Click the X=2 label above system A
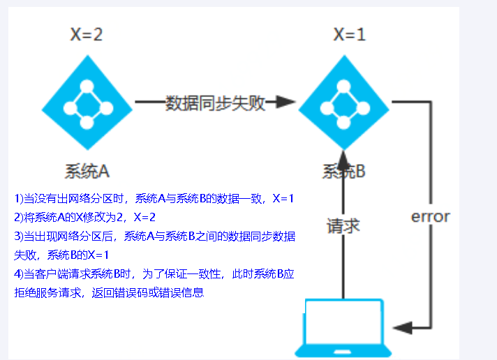click(87, 34)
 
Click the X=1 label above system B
click(349, 34)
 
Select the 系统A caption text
click(87, 171)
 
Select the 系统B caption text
click(344, 171)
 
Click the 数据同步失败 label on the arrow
click(215, 103)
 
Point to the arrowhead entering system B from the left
click(286, 103)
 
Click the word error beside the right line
click(430, 216)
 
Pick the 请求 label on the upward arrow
click(343, 225)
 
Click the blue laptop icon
click(344, 328)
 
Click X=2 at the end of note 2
click(144, 217)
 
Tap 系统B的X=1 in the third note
click(77, 255)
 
